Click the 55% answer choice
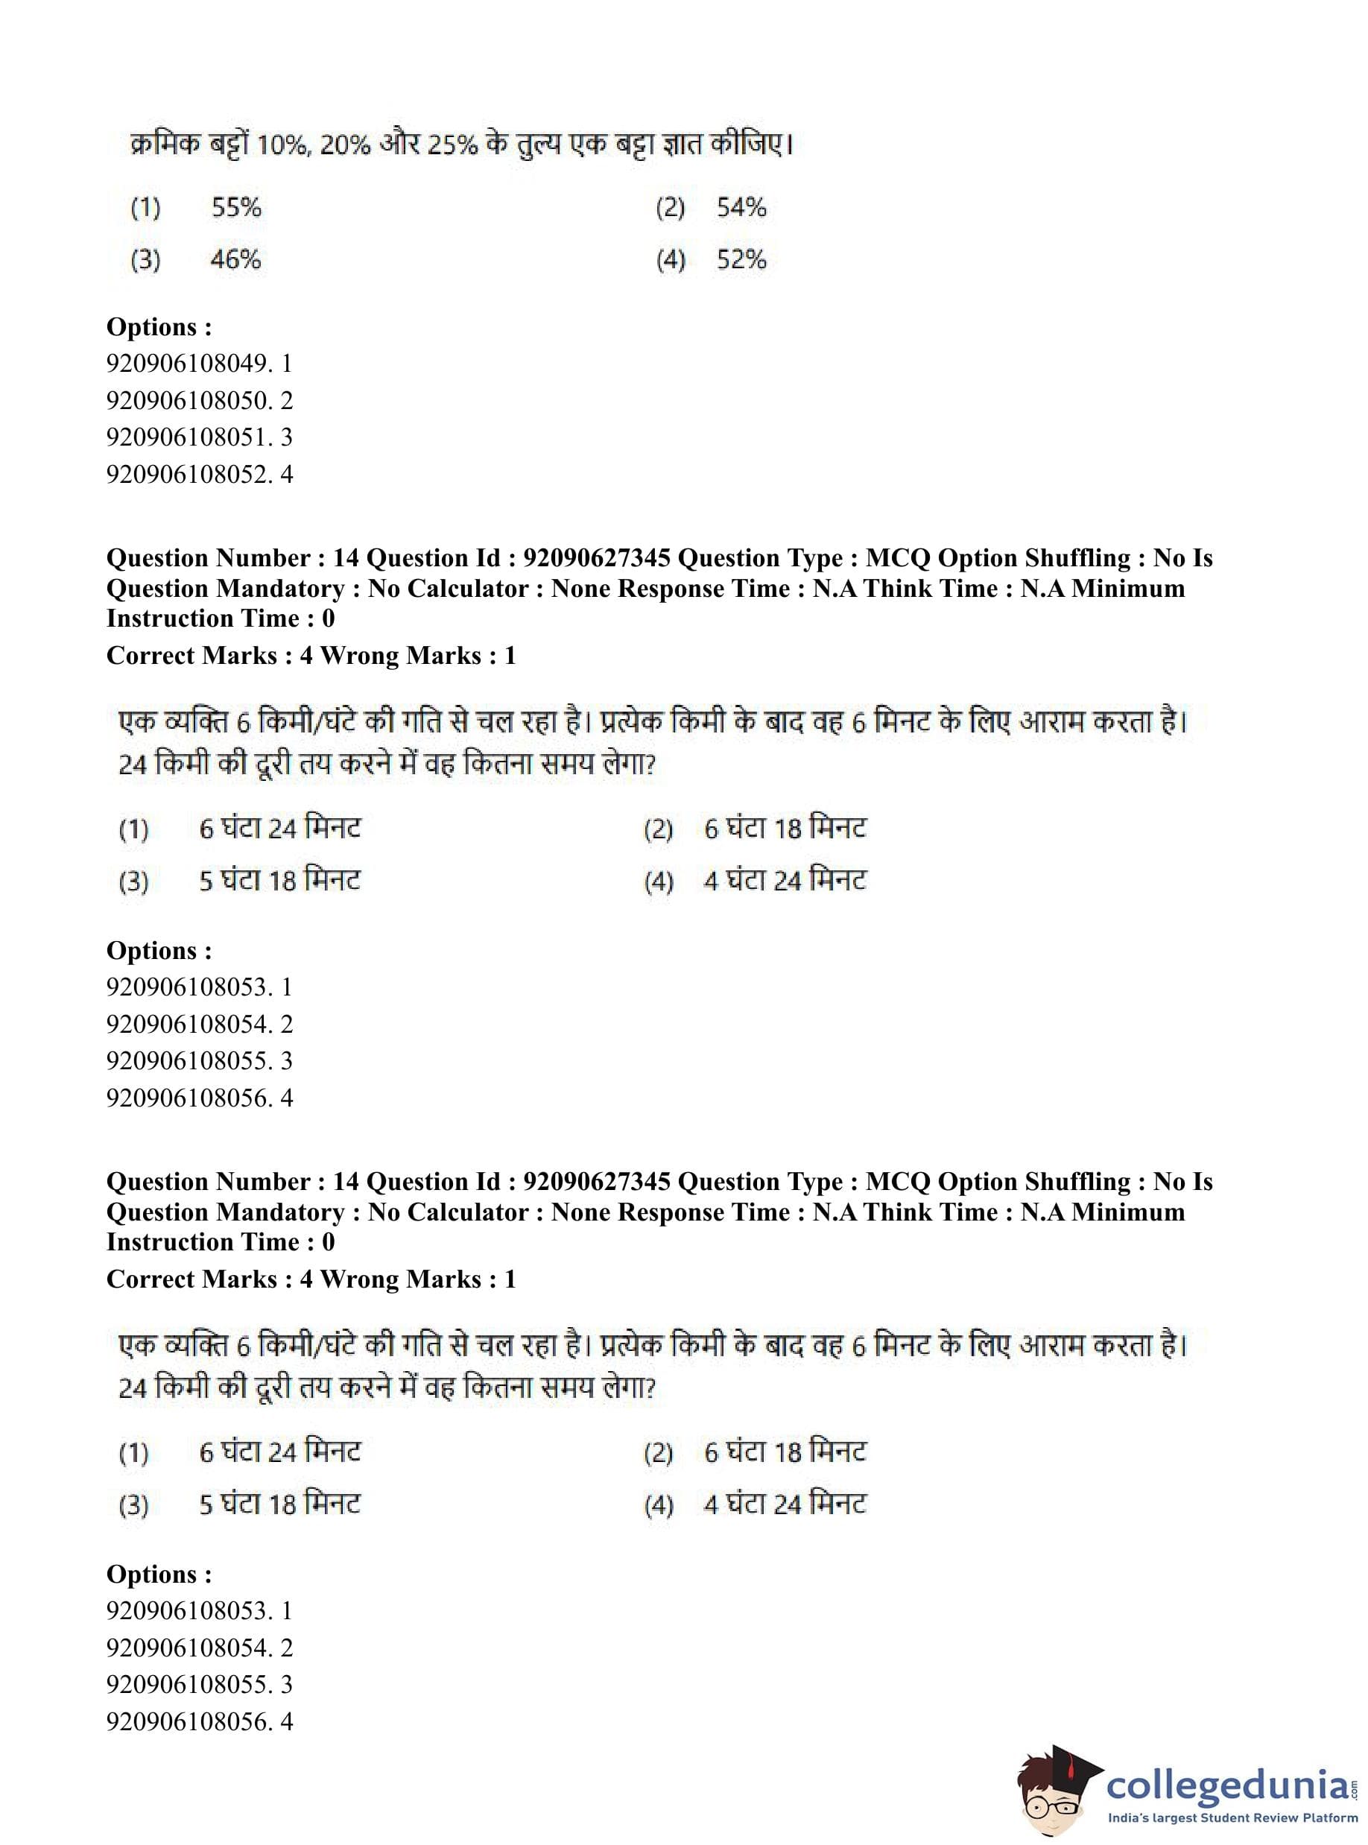point(236,207)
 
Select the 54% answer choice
point(741,207)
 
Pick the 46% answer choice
point(235,260)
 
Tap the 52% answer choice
point(741,260)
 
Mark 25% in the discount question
point(453,146)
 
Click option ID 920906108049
point(199,364)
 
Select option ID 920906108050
point(199,401)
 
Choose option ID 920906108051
point(199,437)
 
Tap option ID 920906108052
point(199,475)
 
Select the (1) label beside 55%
point(146,207)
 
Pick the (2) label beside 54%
point(670,207)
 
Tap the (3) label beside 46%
point(146,260)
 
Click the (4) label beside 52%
point(670,260)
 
